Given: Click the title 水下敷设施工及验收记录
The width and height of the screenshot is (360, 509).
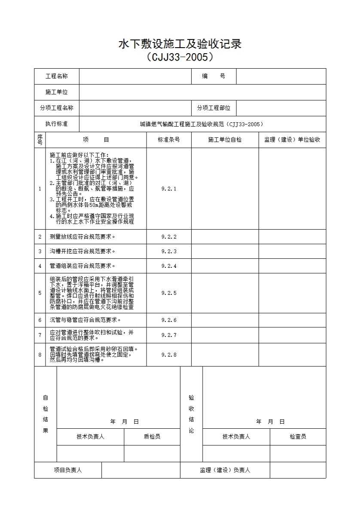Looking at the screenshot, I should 180,44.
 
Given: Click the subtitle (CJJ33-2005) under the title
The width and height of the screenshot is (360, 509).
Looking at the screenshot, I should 180,57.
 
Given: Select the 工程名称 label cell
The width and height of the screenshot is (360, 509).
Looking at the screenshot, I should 57,76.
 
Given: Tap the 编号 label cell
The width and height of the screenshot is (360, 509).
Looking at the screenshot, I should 214,76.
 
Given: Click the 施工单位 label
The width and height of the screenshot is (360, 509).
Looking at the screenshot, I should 57,92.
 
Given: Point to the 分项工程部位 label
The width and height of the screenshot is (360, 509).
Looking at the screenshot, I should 214,108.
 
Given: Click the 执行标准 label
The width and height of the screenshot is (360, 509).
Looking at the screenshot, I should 57,124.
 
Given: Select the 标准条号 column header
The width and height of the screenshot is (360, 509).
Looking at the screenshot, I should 169,140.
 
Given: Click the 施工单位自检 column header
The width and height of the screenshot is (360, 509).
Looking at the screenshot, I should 225,140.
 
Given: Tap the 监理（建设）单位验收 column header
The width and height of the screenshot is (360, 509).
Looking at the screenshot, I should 292,140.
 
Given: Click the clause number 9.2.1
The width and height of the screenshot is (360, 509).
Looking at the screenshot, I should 169,189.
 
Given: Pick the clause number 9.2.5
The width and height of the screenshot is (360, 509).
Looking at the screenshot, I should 169,293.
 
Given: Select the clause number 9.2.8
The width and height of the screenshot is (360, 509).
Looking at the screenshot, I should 169,355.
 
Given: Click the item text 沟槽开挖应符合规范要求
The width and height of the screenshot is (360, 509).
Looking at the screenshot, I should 83,251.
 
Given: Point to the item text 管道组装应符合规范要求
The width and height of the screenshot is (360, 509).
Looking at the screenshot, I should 83,266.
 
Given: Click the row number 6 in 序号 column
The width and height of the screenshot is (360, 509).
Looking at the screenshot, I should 40,320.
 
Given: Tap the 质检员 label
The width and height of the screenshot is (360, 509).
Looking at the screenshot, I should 152,437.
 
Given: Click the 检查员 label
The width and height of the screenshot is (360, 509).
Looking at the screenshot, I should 298,437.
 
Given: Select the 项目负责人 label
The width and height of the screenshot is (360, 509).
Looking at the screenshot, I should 68,470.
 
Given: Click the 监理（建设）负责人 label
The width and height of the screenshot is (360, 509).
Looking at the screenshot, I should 225,470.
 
